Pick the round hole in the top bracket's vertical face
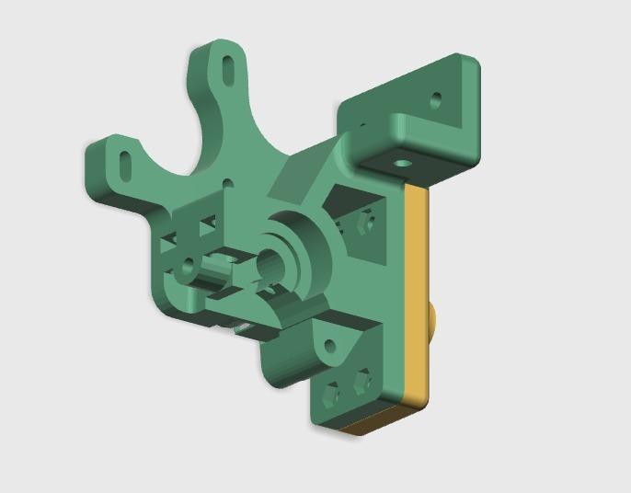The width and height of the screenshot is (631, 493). pos(436,97)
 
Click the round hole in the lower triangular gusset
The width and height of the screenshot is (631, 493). pos(327,345)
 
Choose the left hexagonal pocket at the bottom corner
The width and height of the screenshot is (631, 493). pos(332,395)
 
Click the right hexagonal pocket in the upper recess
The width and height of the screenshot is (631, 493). pos(367,222)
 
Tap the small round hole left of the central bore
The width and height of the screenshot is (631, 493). pos(187,269)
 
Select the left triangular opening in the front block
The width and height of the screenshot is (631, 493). pos(170,241)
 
